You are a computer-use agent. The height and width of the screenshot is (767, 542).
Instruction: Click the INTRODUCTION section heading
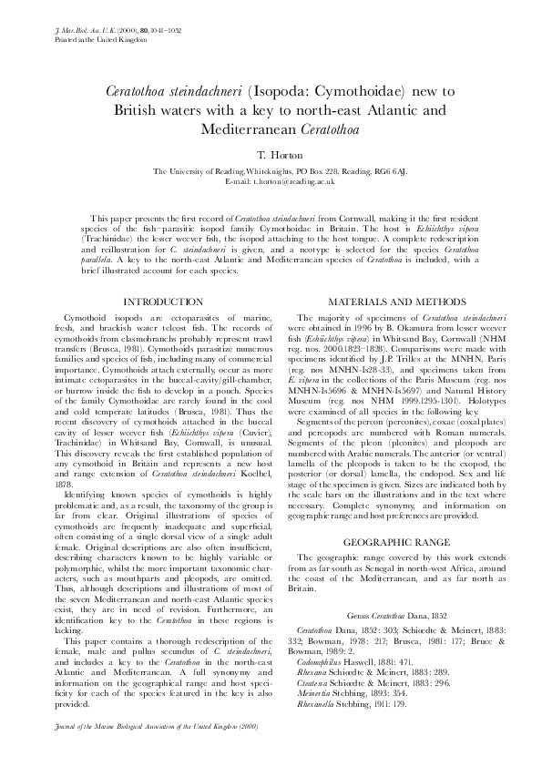163,301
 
